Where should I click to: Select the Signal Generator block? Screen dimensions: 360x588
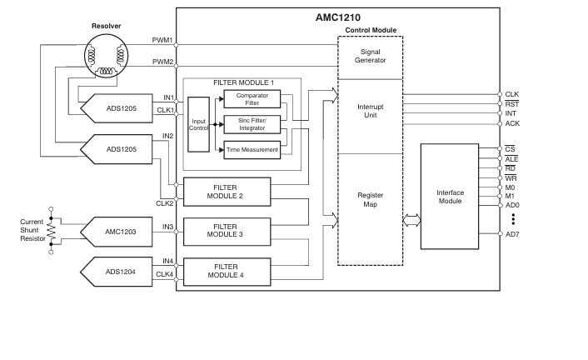pos(370,56)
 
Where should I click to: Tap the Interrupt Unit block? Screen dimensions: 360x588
pos(370,112)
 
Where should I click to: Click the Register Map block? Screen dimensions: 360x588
pos(370,199)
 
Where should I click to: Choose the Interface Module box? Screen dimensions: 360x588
pos(450,197)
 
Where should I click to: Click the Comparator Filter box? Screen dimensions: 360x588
pos(252,100)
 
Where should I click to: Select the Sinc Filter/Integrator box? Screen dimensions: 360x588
pos(252,125)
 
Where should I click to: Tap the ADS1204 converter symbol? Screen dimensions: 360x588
pos(116,271)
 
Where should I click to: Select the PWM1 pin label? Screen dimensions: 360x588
pos(162,40)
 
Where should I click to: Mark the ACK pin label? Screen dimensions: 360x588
pos(511,123)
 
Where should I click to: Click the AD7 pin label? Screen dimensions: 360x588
pos(512,234)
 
